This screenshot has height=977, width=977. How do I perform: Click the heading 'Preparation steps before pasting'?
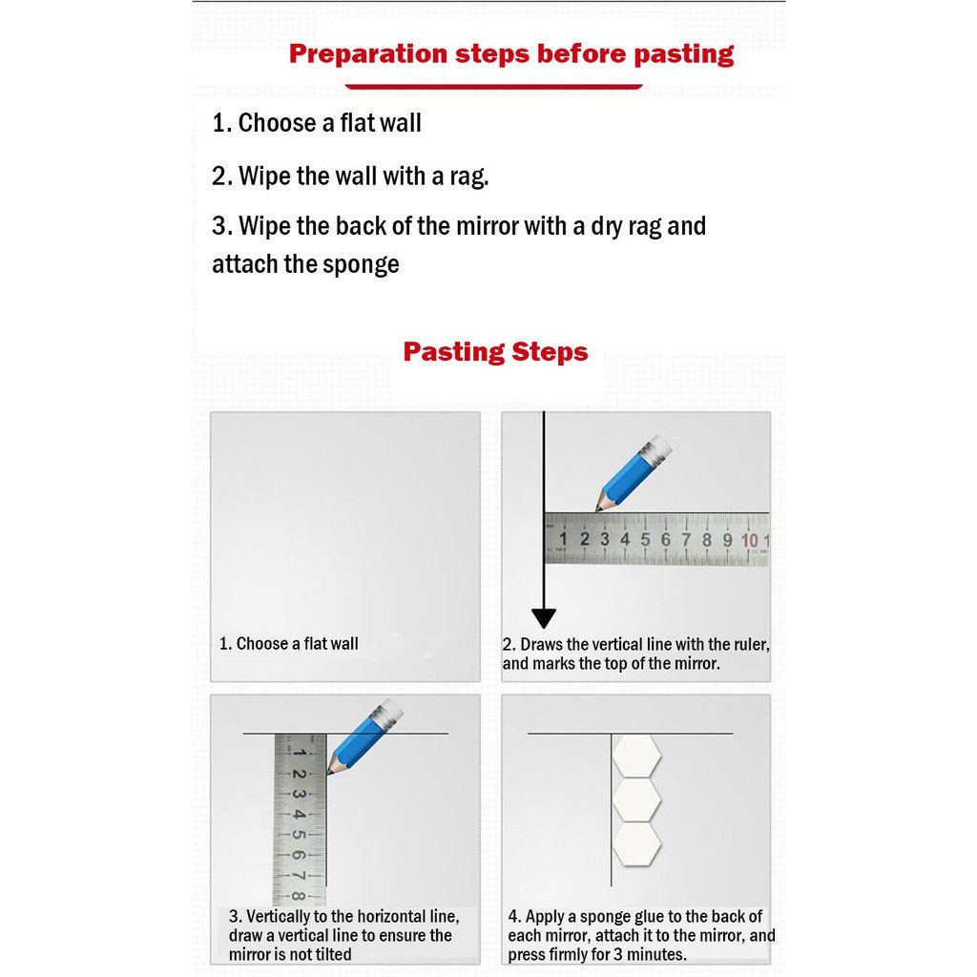click(511, 53)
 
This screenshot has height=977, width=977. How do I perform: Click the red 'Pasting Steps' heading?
click(495, 352)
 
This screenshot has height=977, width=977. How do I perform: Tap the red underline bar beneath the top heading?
click(493, 87)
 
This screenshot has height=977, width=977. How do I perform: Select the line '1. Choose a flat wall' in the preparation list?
click(316, 123)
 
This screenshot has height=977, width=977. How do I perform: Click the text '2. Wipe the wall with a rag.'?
click(350, 176)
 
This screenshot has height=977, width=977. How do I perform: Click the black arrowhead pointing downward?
click(544, 617)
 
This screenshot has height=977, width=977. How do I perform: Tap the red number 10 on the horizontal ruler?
click(750, 541)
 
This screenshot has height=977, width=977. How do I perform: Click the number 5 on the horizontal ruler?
click(645, 540)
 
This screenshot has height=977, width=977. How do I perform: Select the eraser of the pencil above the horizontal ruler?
click(659, 446)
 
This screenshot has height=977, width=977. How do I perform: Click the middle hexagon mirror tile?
click(636, 799)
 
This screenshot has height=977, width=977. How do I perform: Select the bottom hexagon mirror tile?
click(636, 843)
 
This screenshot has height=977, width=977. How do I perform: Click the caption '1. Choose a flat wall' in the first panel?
click(289, 644)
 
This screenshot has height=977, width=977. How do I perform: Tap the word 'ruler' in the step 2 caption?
click(747, 645)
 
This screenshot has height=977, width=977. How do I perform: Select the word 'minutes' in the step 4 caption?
click(656, 954)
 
